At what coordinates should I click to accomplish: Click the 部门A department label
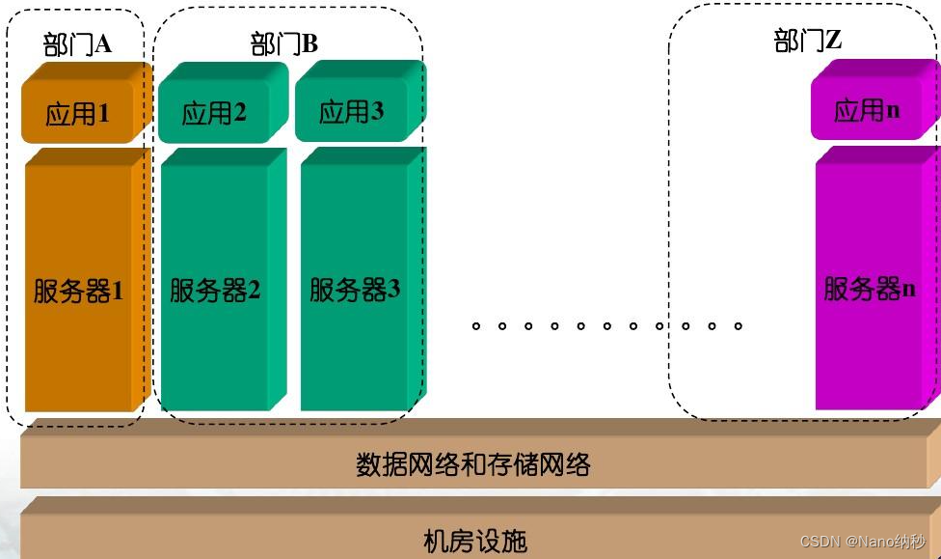77,45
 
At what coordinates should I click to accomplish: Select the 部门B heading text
283,44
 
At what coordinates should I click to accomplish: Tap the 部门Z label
809,42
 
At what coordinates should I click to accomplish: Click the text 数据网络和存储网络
472,465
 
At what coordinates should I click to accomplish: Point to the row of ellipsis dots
607,325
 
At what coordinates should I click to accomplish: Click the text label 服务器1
79,291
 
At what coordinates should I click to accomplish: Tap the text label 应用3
352,112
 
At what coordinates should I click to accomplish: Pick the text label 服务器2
215,291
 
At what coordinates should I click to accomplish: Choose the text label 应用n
867,110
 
